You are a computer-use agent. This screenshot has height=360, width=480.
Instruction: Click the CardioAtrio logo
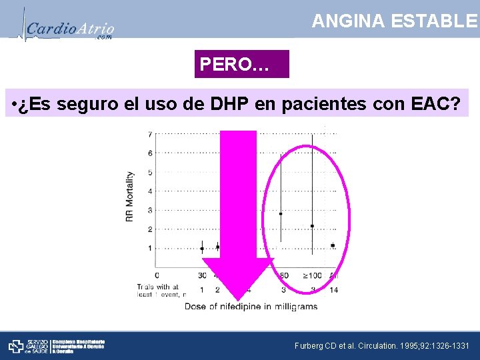click(x=67, y=28)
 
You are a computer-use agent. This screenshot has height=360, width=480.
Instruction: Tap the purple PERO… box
click(x=241, y=65)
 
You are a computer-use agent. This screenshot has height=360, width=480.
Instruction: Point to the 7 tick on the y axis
click(x=150, y=135)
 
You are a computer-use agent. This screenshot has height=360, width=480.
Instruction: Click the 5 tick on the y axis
click(x=150, y=173)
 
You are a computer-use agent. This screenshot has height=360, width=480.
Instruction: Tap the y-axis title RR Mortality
click(x=130, y=197)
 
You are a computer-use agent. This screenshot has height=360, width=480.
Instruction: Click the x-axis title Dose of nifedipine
click(x=251, y=307)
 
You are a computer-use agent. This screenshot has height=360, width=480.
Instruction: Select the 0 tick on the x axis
click(x=157, y=275)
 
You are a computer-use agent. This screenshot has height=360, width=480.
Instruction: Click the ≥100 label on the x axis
click(x=311, y=275)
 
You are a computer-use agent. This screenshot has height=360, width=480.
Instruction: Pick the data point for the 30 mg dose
click(x=202, y=249)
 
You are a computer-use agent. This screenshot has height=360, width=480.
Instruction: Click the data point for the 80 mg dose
click(x=281, y=214)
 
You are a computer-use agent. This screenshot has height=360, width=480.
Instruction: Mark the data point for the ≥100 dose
click(x=312, y=226)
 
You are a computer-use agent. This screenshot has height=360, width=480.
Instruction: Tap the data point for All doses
click(x=333, y=245)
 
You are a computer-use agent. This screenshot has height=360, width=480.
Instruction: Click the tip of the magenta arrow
click(x=238, y=298)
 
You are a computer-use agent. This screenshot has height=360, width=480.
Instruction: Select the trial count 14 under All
click(x=333, y=290)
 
